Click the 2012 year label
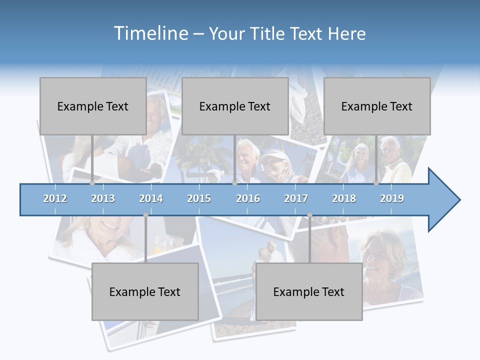pyautogui.click(x=55, y=198)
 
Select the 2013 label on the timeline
pyautogui.click(x=103, y=198)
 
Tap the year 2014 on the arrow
pyautogui.click(x=151, y=198)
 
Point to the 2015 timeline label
pyautogui.click(x=199, y=198)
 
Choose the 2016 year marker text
pyautogui.click(x=248, y=198)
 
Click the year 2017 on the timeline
pyautogui.click(x=296, y=198)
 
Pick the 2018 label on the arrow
pyautogui.click(x=344, y=198)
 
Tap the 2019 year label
pyautogui.click(x=392, y=198)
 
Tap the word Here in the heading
pyautogui.click(x=346, y=34)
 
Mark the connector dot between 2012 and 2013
pyautogui.click(x=92, y=183)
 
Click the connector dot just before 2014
pyautogui.click(x=145, y=215)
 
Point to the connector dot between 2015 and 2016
pyautogui.click(x=234, y=183)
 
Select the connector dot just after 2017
pyautogui.click(x=309, y=215)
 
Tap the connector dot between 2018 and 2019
pyautogui.click(x=376, y=183)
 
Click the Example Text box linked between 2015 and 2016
pyautogui.click(x=235, y=106)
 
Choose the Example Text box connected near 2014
pyautogui.click(x=145, y=291)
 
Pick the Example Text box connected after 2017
pyautogui.click(x=309, y=291)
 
